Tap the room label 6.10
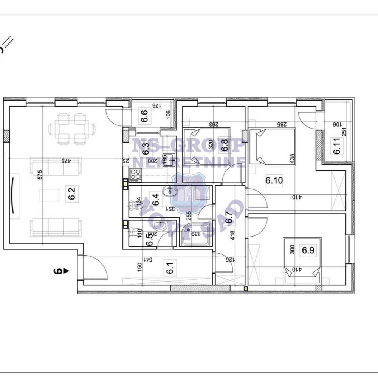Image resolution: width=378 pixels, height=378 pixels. click(x=274, y=181)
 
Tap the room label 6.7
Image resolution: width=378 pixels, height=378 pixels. click(x=228, y=218)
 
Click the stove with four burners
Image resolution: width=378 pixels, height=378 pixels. click(x=135, y=175)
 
